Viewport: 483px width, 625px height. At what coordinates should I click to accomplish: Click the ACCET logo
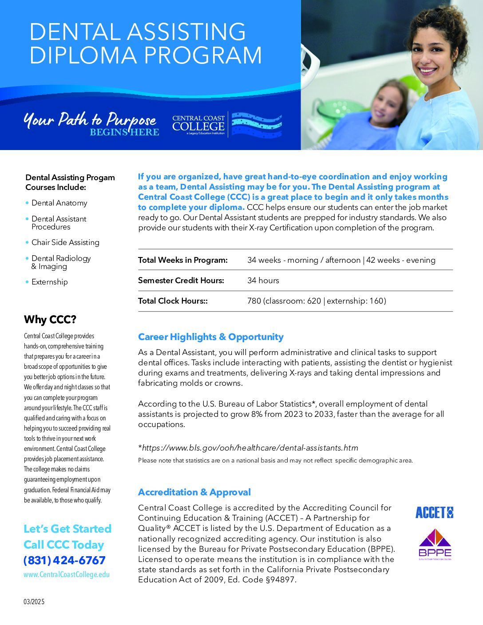click(434, 513)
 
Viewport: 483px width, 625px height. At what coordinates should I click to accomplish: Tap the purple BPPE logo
click(435, 544)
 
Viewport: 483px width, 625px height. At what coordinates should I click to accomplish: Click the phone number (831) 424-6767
click(64, 560)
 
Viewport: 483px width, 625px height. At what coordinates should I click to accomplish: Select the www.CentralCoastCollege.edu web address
click(67, 574)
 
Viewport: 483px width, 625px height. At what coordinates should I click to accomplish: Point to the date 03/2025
click(34, 602)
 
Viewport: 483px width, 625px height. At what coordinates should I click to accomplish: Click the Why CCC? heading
click(50, 320)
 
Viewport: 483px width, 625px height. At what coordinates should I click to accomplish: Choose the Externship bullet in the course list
click(49, 282)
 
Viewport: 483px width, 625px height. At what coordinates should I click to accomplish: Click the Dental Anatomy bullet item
click(59, 203)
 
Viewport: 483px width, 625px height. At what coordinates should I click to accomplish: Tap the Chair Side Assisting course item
click(65, 242)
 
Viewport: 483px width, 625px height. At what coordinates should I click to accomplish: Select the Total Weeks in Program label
click(182, 260)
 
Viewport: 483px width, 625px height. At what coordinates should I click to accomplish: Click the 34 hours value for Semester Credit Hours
click(263, 281)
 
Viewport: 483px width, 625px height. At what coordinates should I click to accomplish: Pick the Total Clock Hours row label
click(173, 301)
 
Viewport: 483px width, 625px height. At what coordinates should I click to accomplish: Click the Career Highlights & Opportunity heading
click(210, 337)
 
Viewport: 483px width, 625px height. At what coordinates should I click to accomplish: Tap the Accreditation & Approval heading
click(194, 492)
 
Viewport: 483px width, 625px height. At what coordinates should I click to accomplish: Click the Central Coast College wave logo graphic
click(257, 124)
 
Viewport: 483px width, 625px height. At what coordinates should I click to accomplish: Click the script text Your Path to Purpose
click(89, 119)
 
